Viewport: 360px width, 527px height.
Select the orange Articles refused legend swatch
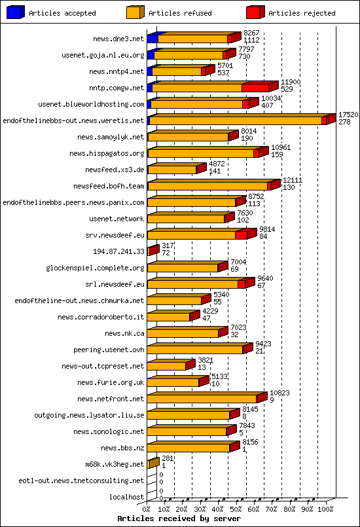click(x=135, y=12)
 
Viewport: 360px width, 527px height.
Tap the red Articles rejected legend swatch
click(x=255, y=12)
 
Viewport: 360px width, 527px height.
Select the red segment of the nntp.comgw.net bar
click(x=255, y=87)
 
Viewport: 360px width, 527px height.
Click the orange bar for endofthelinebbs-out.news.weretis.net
click(x=236, y=120)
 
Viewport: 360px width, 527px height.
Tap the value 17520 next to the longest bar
click(x=348, y=114)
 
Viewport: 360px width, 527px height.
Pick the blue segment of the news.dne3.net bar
click(x=152, y=39)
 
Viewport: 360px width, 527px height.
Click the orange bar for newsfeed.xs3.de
click(x=171, y=170)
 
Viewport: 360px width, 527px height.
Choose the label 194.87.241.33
click(x=119, y=251)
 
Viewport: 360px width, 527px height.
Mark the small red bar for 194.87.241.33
click(x=153, y=251)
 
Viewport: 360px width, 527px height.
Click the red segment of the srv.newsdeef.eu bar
click(x=241, y=234)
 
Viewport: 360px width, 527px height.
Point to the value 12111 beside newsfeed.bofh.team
click(x=291, y=179)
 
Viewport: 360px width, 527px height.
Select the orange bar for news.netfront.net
click(x=202, y=398)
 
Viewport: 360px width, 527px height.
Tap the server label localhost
click(x=126, y=497)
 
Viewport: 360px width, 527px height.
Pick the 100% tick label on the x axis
click(x=325, y=508)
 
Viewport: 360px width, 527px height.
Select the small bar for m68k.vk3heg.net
click(x=153, y=463)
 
